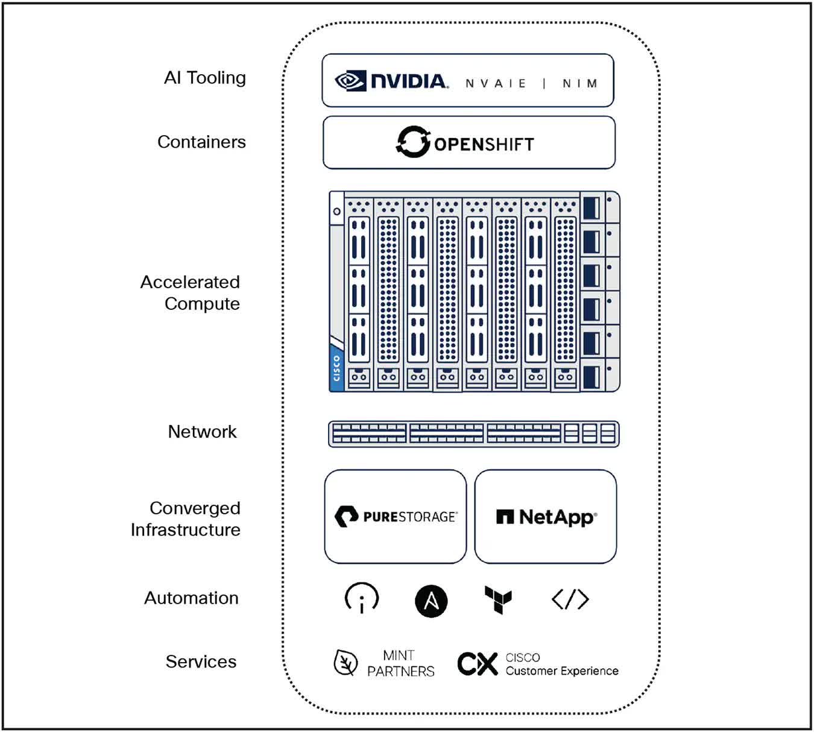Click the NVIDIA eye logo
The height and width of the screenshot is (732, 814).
350,81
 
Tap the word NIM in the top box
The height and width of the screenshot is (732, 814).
579,83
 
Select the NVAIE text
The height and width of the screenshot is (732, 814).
496,83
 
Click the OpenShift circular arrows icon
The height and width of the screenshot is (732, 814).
413,142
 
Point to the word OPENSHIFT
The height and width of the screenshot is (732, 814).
484,145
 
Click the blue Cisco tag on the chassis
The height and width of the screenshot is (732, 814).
336,367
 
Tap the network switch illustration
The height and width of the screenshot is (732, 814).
473,434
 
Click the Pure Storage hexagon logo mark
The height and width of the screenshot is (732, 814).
347,517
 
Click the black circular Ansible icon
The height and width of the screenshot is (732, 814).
431,601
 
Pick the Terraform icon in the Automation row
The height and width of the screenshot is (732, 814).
498,600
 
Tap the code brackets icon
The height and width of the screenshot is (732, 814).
570,599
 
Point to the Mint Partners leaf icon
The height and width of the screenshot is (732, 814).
345,663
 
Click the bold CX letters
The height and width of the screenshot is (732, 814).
477,664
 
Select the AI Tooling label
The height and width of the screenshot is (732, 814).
205,78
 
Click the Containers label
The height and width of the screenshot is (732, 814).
201,142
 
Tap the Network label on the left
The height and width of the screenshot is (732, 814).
202,432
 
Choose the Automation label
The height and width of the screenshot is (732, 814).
191,598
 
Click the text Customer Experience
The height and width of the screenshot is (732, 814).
561,671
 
